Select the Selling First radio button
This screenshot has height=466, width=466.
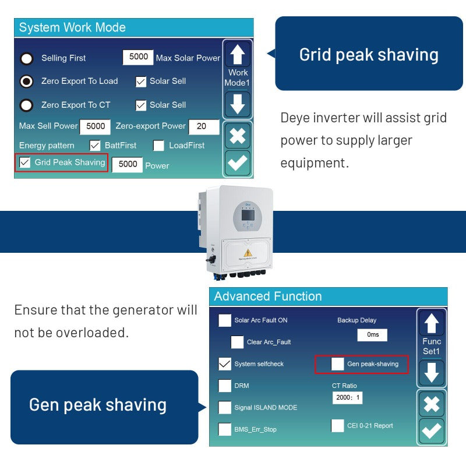click(x=26, y=58)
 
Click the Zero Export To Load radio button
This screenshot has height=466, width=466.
click(x=26, y=82)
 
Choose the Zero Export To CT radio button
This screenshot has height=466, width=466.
click(x=26, y=105)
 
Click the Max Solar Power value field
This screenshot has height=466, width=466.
click(x=138, y=57)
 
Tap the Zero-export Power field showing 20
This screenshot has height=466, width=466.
click(x=204, y=126)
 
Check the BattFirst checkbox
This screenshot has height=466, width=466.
click(x=95, y=146)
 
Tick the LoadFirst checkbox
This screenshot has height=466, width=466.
click(x=158, y=146)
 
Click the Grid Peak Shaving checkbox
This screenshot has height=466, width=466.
click(x=24, y=163)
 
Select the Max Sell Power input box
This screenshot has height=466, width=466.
click(x=95, y=126)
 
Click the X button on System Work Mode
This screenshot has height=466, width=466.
click(x=237, y=136)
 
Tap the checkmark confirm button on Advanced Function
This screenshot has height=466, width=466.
click(x=432, y=431)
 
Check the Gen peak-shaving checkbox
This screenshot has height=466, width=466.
click(x=338, y=364)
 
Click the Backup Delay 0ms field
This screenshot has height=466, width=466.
click(x=372, y=335)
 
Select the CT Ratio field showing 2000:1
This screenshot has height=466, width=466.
click(x=347, y=398)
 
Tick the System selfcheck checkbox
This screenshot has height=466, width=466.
click(x=225, y=364)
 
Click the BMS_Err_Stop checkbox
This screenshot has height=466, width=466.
click(x=225, y=429)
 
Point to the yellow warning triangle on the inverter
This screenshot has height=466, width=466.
click(x=248, y=253)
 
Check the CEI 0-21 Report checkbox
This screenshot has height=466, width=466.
click(x=338, y=426)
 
